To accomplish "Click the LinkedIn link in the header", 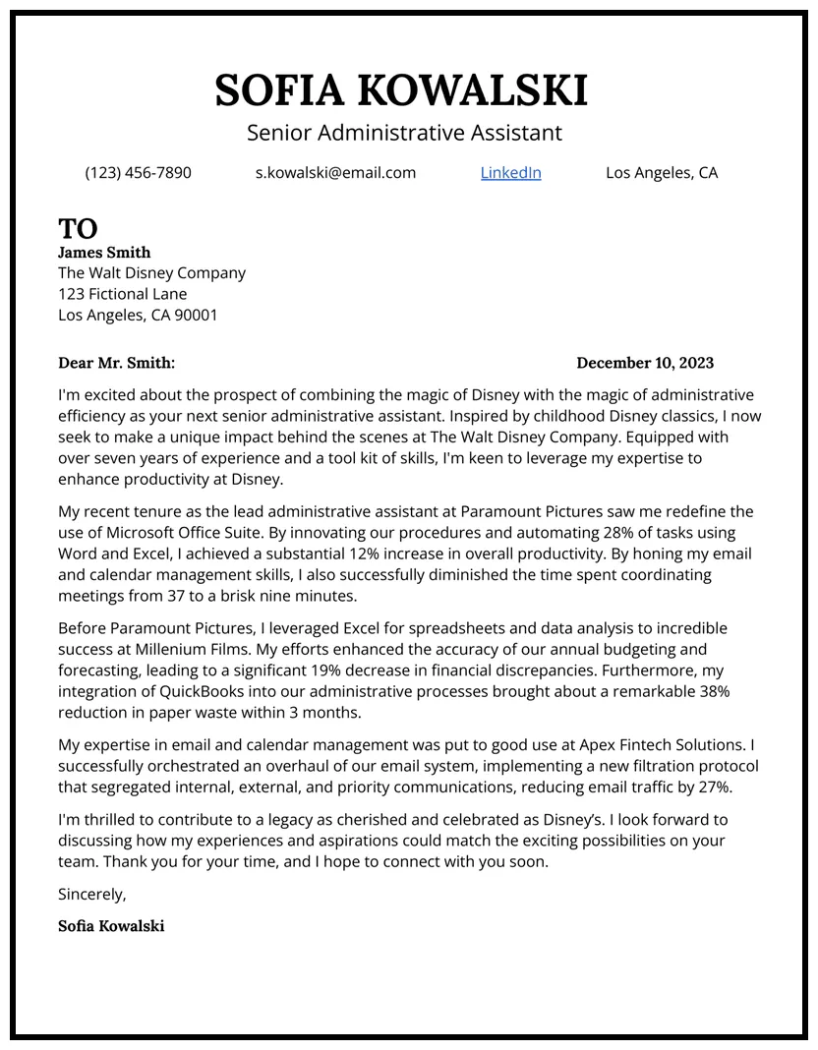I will (x=510, y=173).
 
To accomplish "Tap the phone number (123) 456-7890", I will (x=139, y=173).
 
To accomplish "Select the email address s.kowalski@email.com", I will (x=335, y=173).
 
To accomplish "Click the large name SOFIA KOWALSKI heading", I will (x=401, y=90).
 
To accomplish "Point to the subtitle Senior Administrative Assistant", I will (x=404, y=132).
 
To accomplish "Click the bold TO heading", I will (x=78, y=228).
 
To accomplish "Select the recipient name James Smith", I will (x=104, y=253).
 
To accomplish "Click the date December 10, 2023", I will (x=645, y=363).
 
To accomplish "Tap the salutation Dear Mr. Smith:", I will (x=116, y=363).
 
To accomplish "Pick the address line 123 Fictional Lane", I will (x=122, y=294).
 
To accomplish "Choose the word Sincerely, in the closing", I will (x=92, y=895).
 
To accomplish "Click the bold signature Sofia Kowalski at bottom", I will (x=111, y=926).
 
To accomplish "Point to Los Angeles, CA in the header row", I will (x=662, y=173).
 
